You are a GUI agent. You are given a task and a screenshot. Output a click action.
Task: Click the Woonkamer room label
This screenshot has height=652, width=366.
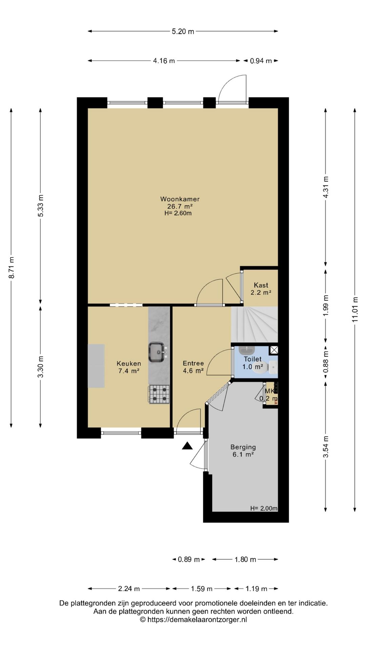point(180,199)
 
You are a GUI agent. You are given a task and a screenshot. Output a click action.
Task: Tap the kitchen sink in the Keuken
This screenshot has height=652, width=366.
point(157,352)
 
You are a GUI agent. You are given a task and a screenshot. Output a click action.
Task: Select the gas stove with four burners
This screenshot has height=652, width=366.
point(159,394)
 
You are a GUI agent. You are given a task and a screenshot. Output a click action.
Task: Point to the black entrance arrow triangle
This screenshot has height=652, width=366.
point(187,446)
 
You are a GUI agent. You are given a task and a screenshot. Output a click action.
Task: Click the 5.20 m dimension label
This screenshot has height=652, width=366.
point(183,32)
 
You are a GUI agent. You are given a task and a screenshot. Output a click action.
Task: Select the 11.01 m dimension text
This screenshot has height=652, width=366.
point(355,309)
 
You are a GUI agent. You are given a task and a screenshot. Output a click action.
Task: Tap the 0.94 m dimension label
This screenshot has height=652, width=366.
point(261,61)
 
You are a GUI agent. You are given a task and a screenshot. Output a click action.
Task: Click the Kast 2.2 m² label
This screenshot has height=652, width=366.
point(261,289)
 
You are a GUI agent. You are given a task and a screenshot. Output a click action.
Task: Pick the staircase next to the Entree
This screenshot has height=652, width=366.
point(254,324)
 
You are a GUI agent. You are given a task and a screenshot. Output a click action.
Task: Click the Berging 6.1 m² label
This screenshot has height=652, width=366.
point(243,451)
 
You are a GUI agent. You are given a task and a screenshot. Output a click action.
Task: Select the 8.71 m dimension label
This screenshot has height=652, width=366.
point(12,268)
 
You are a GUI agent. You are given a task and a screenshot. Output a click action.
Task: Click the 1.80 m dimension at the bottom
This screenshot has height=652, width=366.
point(245,559)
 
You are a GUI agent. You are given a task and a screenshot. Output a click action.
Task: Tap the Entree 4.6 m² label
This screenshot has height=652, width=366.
point(193,367)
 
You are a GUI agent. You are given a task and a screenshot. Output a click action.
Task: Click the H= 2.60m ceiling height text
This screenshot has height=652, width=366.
point(178,213)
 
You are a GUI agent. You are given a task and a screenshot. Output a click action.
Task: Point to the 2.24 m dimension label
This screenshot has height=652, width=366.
point(129,588)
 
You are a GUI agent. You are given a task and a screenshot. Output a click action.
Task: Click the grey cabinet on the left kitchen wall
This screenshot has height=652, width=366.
point(96,366)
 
